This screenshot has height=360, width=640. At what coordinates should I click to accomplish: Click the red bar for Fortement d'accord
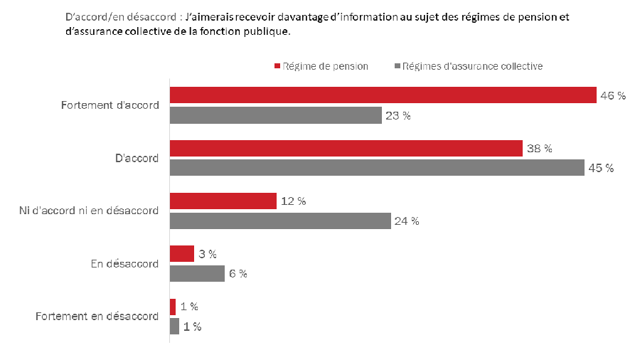click(383, 95)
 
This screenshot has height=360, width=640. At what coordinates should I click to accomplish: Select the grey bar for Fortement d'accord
click(276, 115)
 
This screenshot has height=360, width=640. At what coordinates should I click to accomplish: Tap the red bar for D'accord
click(346, 148)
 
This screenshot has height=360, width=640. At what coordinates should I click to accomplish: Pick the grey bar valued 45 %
click(377, 168)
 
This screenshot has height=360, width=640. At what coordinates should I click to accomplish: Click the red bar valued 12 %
click(223, 201)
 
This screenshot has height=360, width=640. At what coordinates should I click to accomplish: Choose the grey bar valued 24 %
click(280, 221)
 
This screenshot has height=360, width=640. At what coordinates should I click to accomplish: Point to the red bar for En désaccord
click(181, 254)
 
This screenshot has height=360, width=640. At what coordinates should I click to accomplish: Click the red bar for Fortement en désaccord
click(173, 307)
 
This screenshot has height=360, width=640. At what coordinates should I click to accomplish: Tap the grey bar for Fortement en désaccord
click(174, 327)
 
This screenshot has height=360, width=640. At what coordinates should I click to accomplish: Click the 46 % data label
click(613, 96)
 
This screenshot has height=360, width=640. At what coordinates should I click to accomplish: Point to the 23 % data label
click(398, 116)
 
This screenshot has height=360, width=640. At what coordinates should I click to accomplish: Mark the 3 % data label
click(208, 254)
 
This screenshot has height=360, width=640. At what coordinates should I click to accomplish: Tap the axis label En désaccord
click(126, 264)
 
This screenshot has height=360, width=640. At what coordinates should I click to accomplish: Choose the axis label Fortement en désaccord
click(97, 317)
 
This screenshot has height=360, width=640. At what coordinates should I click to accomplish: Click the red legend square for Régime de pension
click(277, 66)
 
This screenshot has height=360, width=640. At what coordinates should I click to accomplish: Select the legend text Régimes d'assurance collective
click(472, 66)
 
